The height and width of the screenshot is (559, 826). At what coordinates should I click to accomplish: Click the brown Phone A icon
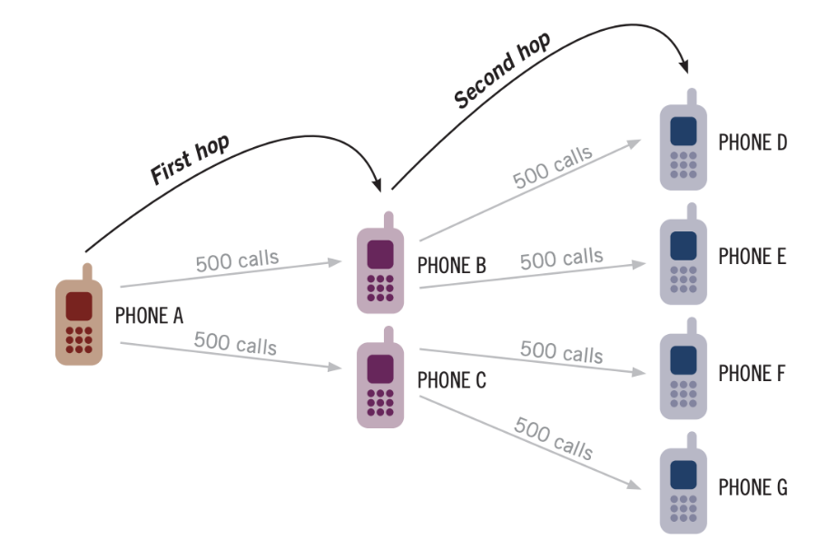pos(79,315)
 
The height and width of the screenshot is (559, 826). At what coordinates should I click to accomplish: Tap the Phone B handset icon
pos(380,263)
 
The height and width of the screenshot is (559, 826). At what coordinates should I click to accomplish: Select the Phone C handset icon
pos(380,378)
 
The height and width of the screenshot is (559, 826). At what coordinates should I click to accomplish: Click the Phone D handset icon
pos(683,140)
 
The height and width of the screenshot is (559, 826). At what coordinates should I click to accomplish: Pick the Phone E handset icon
pos(683,254)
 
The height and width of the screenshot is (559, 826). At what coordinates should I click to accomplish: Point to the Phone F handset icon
pos(683,368)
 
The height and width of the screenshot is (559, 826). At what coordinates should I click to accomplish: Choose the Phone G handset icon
pos(683,483)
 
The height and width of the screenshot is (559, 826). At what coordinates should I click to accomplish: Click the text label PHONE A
pos(149,316)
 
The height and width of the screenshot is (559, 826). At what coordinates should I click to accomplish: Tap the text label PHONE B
pos(451,266)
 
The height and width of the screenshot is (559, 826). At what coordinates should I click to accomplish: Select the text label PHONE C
pos(451,380)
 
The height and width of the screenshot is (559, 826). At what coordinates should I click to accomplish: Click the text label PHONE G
pos(752,487)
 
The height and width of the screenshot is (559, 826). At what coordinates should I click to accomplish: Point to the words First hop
pos(190,159)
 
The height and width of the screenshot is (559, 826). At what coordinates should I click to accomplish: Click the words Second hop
pos(502,70)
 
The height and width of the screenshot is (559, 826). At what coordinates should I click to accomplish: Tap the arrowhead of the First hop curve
pos(376,185)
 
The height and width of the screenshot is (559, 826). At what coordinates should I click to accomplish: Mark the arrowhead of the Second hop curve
pos(683,66)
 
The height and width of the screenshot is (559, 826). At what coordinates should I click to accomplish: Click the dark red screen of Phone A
pos(79,306)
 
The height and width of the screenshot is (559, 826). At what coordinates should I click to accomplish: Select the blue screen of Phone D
pos(683,132)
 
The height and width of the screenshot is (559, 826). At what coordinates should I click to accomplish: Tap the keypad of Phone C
pos(380,403)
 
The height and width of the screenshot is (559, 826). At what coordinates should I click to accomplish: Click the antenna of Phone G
pos(692,442)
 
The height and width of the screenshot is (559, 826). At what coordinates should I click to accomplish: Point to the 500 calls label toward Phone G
pos(554,438)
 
